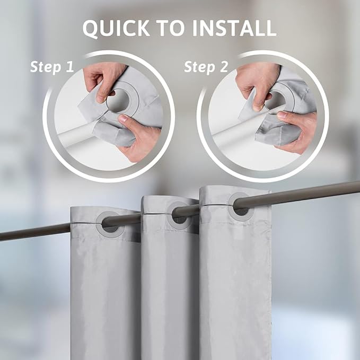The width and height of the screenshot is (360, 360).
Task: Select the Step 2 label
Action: point(207,67)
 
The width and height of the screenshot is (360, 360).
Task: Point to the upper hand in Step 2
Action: point(257,80)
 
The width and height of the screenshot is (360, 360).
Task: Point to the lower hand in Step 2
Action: point(297,130)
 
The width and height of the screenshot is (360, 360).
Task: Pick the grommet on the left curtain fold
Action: point(110,223)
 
